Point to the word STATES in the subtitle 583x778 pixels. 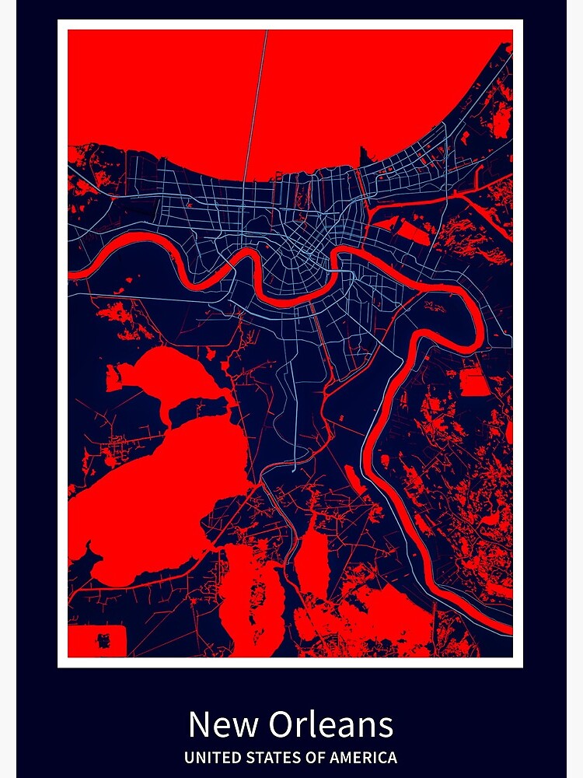pyautogui.click(x=267, y=757)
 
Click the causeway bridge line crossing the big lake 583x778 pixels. pyautogui.click(x=257, y=101)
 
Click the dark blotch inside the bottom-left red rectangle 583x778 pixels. pyautogui.click(x=103, y=640)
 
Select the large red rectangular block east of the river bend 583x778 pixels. pyautogui.click(x=475, y=382)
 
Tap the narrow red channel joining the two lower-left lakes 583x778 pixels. pyautogui.click(x=166, y=417)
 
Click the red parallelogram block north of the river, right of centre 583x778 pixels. pyautogui.click(x=412, y=231)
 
